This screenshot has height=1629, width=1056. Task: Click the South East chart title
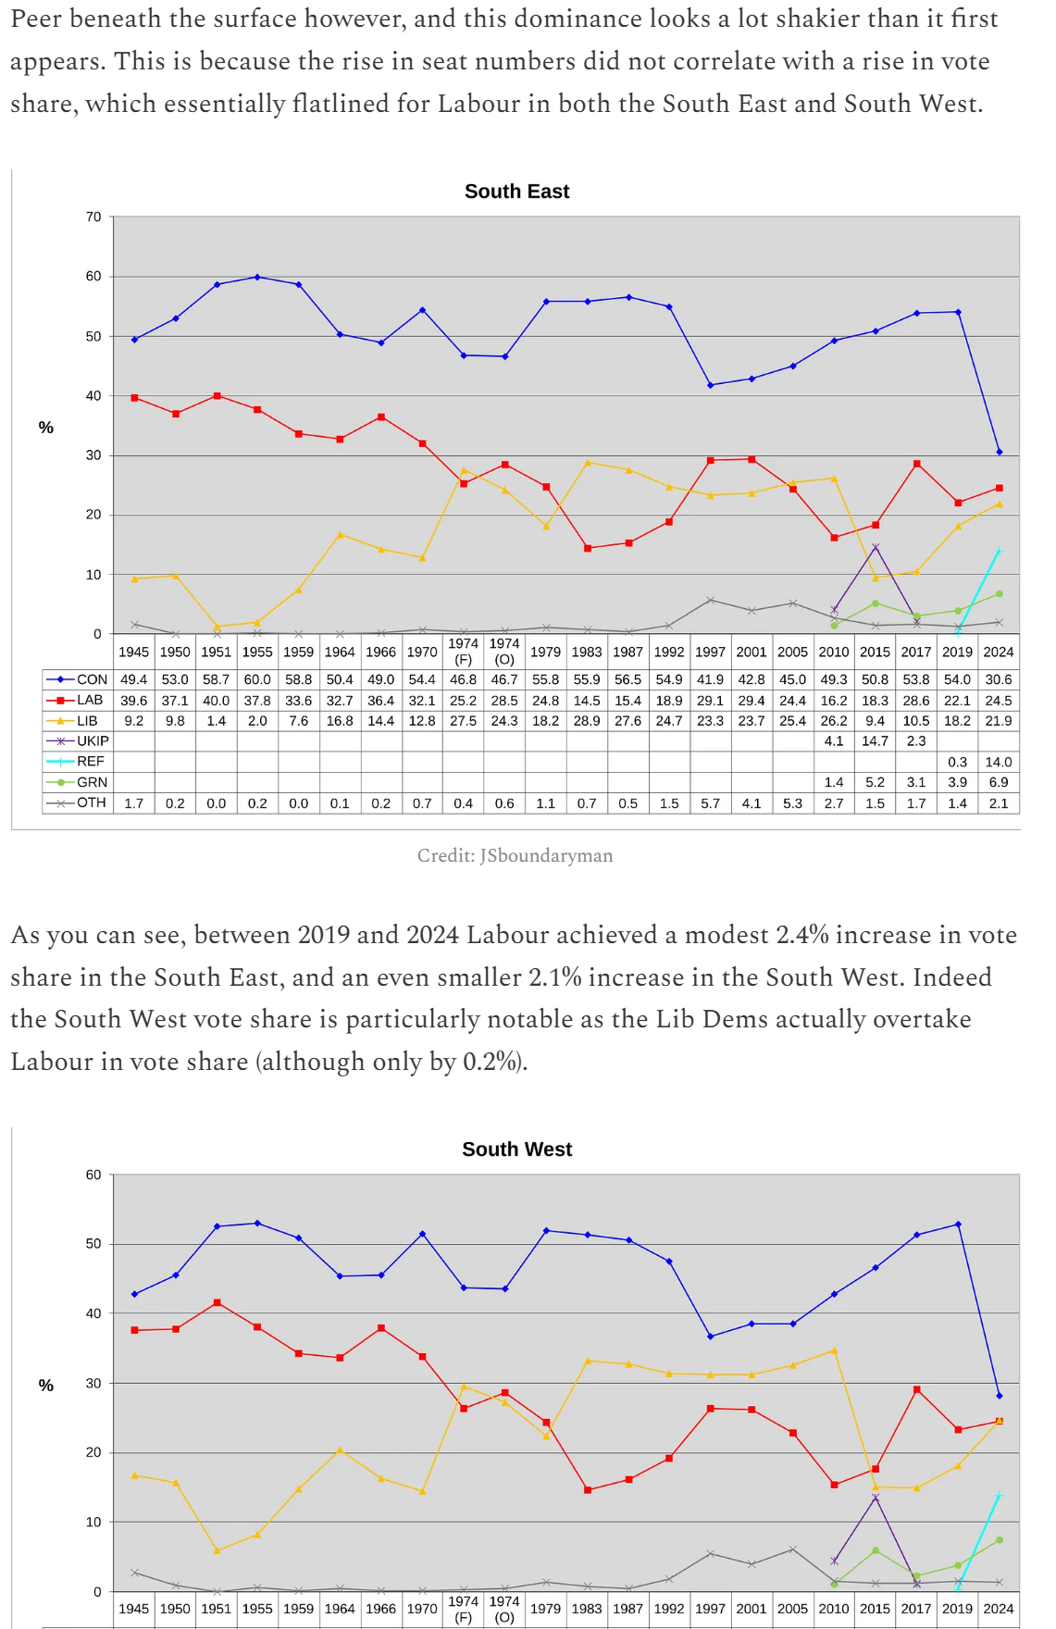516,192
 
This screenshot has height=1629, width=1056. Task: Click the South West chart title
516,1150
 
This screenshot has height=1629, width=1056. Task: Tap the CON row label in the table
92,679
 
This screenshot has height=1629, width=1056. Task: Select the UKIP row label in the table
93,741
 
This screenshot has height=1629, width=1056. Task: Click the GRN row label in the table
92,782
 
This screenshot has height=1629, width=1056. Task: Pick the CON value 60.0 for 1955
257,679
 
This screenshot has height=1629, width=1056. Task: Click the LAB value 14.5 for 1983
587,701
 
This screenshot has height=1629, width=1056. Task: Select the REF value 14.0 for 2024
998,762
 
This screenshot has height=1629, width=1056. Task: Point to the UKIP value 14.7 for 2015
875,741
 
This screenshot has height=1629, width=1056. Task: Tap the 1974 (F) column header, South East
463,652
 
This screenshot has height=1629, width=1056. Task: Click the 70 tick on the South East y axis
93,218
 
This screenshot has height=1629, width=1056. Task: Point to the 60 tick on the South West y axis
93,1175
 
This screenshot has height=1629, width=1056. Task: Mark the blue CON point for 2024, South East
999,453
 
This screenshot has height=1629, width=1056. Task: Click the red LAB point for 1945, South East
134,398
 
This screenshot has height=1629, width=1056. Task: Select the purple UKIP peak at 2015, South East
875,547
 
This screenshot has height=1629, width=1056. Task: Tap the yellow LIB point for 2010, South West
834,1351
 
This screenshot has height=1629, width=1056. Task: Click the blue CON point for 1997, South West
710,1337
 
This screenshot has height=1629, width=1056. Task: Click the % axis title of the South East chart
46,428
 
